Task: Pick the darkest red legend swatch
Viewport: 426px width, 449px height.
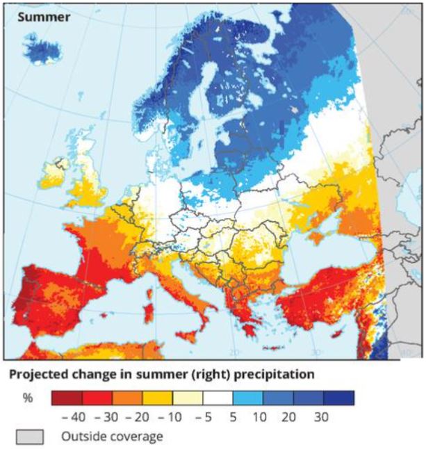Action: point(67,398)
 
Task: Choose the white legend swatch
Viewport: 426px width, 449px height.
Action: point(218,398)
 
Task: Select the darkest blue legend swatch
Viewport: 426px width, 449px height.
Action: point(338,398)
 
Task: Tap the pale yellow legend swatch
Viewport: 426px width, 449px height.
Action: point(188,398)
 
